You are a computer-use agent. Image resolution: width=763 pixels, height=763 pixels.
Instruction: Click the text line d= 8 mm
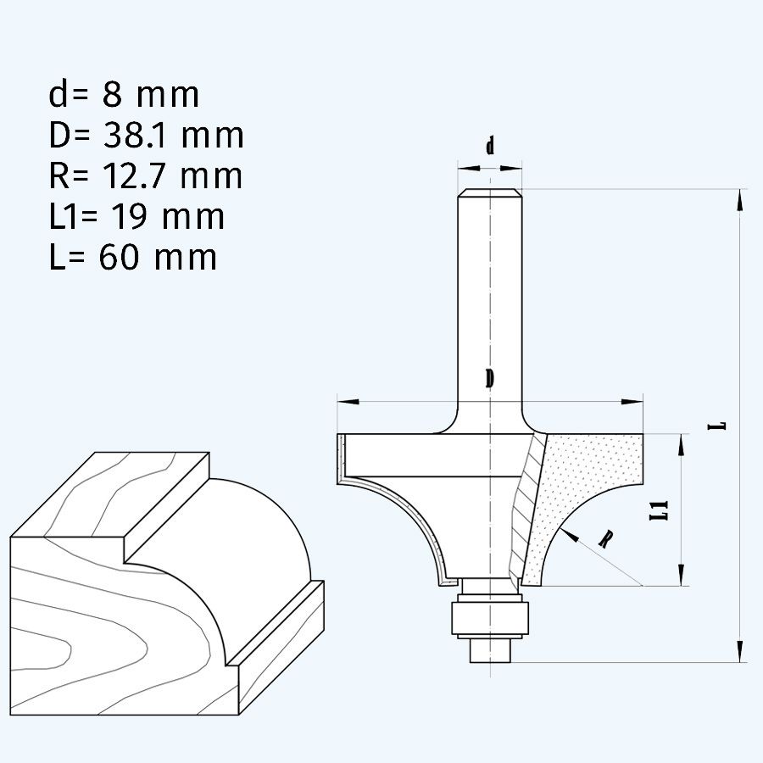click(124, 94)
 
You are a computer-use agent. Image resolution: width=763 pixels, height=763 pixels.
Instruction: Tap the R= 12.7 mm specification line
click(145, 175)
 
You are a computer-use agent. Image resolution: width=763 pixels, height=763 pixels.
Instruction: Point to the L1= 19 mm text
click(136, 216)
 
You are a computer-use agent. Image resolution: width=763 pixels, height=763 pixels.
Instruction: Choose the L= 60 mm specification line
click(132, 257)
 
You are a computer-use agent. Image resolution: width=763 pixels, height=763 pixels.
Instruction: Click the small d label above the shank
click(490, 147)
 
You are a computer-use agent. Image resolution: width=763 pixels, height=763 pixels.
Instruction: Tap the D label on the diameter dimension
click(489, 379)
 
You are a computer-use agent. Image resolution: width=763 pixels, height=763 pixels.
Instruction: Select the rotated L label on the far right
click(719, 424)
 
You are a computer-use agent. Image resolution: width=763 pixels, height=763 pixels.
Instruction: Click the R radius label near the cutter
click(605, 539)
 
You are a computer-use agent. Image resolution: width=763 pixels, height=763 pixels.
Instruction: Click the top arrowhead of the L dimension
click(740, 199)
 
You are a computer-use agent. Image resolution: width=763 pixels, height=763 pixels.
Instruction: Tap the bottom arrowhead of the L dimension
click(740, 650)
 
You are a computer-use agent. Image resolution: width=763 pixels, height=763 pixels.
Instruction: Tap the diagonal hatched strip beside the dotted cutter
click(526, 509)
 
